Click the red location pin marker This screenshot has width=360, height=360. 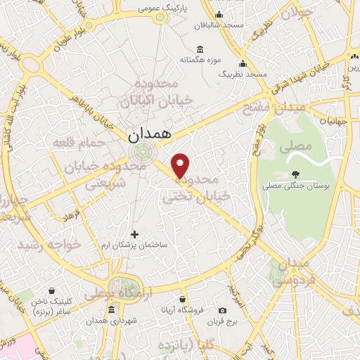(181, 165)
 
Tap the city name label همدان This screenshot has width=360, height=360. (150, 133)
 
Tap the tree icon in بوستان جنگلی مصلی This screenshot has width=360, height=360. (295, 174)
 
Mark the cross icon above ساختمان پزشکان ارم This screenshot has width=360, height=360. (136, 233)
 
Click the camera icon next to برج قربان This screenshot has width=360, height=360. (223, 310)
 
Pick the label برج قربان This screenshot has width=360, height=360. (223, 322)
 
